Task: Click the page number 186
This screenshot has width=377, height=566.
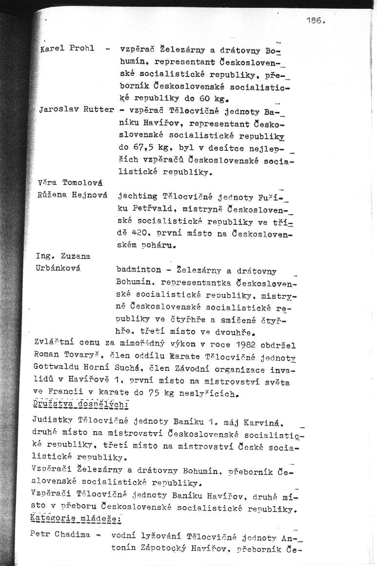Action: pos(315,20)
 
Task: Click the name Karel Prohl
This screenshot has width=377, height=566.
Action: pos(67,49)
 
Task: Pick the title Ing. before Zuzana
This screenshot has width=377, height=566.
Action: pos(44,256)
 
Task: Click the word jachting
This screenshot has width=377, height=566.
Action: pos(137,196)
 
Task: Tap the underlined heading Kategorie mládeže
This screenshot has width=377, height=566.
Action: pos(75,519)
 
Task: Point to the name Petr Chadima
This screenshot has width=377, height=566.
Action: pos(60,534)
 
